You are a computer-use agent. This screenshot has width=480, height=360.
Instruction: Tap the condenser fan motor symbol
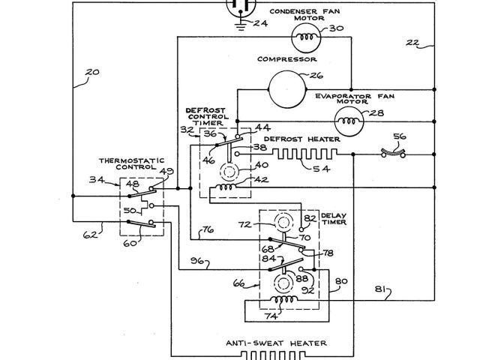[x=305, y=34]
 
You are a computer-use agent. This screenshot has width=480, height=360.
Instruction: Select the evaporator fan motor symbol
[x=348, y=117]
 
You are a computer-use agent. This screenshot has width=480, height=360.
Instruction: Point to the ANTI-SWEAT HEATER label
[x=276, y=343]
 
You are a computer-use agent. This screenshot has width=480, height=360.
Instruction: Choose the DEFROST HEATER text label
[x=302, y=139]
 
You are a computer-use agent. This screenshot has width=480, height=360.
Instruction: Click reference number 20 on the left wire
[x=91, y=73]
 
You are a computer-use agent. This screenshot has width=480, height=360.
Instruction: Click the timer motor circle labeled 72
[x=283, y=224]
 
